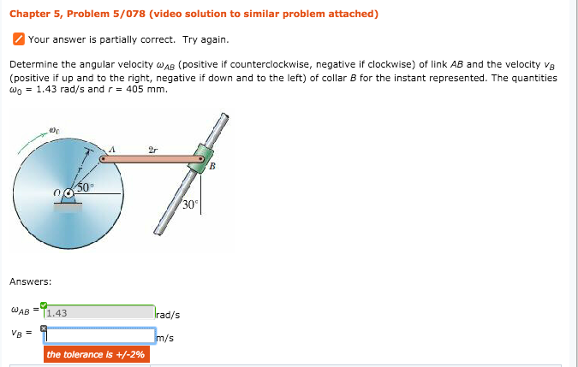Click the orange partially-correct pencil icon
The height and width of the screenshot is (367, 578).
coord(18,39)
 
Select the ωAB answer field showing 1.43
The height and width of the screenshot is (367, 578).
coord(99,313)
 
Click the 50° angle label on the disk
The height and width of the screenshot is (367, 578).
coord(86,186)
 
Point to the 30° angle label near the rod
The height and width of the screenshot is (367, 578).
coord(190,204)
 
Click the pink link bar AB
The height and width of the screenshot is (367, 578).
coord(150,158)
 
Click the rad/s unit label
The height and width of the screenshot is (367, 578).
coord(168,315)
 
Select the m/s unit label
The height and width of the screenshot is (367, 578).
coord(165,338)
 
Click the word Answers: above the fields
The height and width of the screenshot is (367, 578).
coord(30,281)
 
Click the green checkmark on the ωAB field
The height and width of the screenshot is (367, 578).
coord(44,305)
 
